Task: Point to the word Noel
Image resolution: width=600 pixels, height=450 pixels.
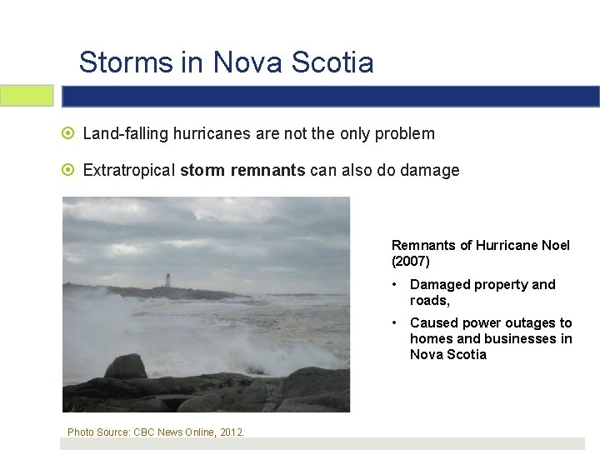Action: coord(554,245)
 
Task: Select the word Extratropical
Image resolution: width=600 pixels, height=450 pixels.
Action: coord(129,171)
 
